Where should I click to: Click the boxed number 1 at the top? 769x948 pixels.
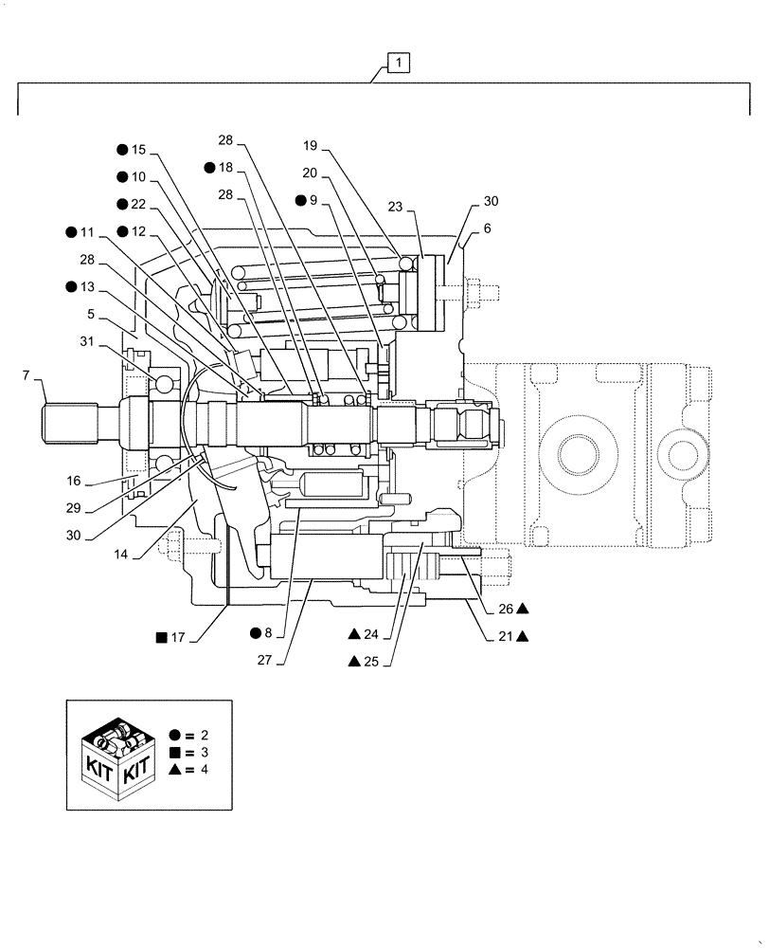click(x=400, y=64)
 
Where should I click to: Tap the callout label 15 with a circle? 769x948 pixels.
click(x=138, y=150)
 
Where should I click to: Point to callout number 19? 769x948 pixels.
click(x=312, y=146)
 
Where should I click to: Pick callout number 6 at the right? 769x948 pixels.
click(x=487, y=228)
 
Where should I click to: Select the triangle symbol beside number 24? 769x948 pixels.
click(x=353, y=633)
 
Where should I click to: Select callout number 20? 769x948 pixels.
click(x=312, y=173)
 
